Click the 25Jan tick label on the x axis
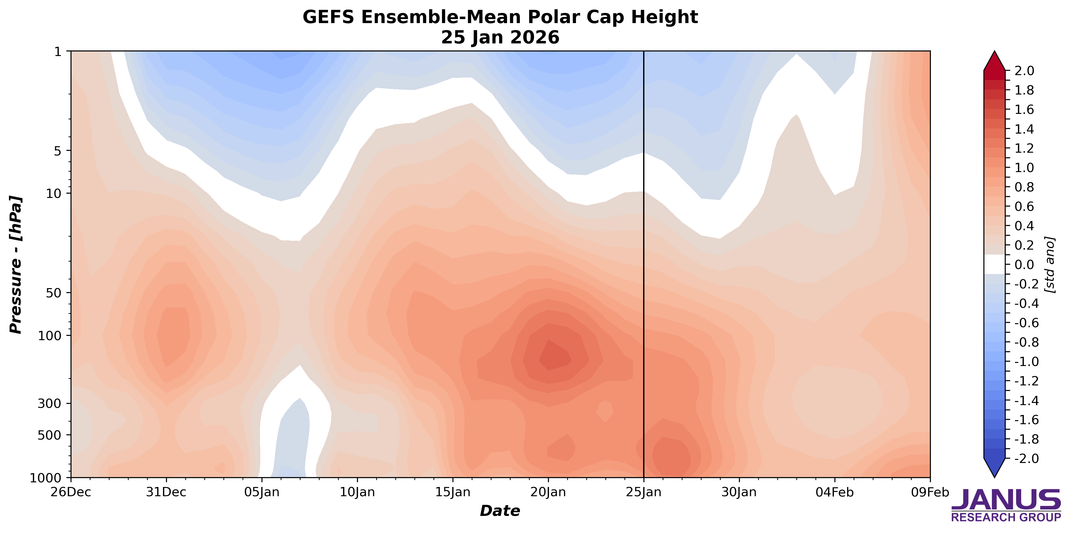point(643,493)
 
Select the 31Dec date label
point(167,493)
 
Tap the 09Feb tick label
point(930,493)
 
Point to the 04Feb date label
point(834,493)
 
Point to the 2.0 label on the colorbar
point(1024,71)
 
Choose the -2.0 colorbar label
point(1021,459)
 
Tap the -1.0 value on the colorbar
point(1021,362)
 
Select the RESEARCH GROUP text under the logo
point(1006,517)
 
